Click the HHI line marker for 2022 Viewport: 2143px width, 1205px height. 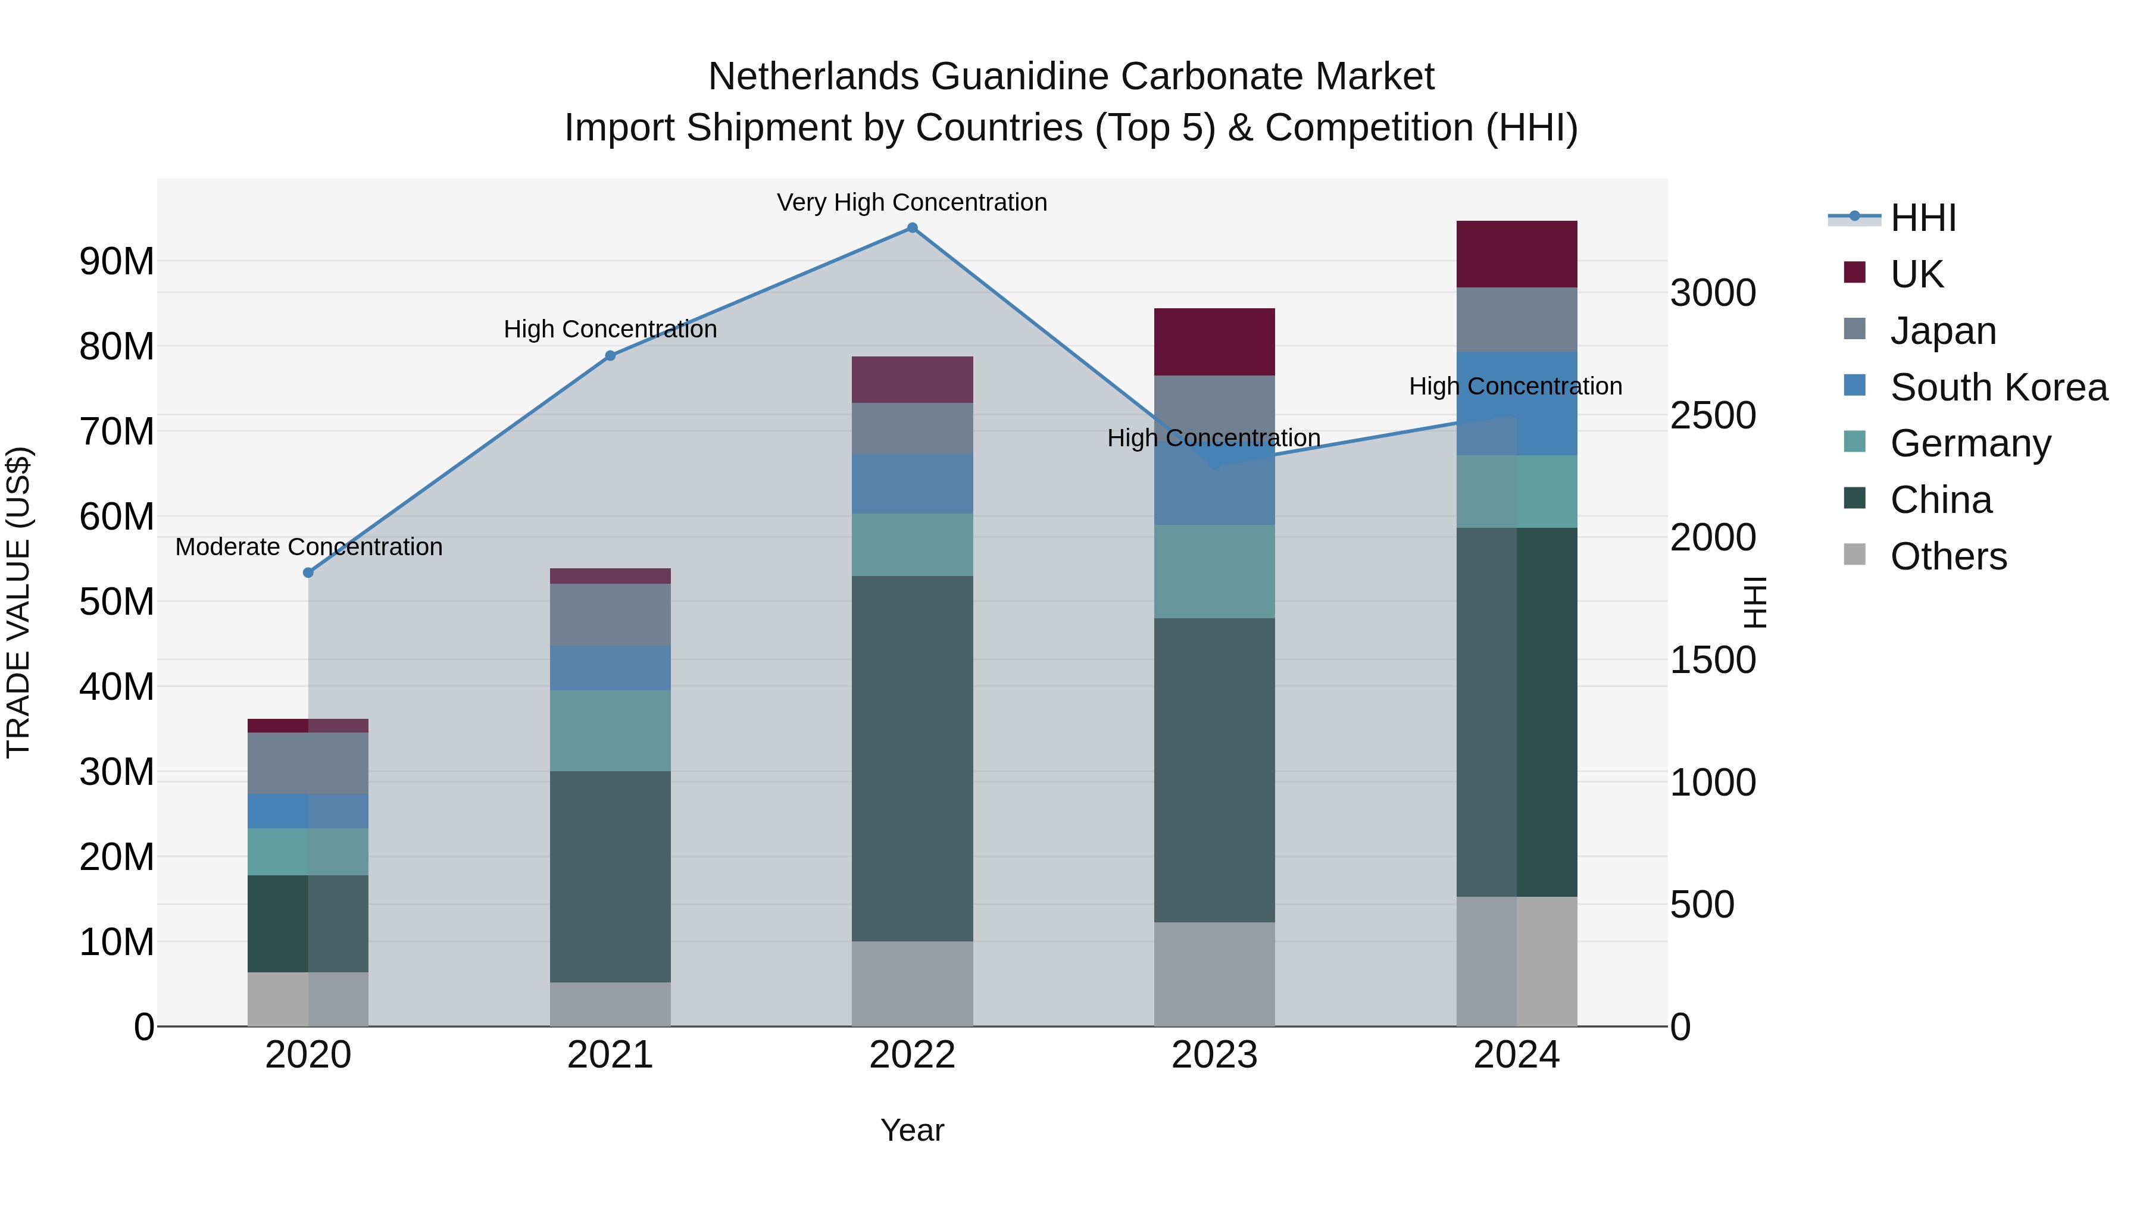tap(912, 228)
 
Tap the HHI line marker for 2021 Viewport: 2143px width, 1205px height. tap(610, 356)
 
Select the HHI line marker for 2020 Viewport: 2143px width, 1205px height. tap(308, 573)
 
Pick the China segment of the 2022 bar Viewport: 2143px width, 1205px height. tap(912, 759)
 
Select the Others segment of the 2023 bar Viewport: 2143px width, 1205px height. tap(1214, 974)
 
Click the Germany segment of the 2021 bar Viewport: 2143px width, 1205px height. tap(610, 730)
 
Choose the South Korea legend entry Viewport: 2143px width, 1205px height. tap(1998, 387)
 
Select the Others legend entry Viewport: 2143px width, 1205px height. tap(1948, 556)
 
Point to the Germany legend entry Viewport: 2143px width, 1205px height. tap(1970, 443)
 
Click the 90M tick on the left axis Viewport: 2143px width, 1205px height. tap(117, 262)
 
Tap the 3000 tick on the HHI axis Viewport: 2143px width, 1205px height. tap(1713, 293)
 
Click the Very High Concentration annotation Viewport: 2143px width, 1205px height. tap(912, 203)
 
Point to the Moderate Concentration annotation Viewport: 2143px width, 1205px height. tap(308, 547)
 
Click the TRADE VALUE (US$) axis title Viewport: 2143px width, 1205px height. tap(18, 602)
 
